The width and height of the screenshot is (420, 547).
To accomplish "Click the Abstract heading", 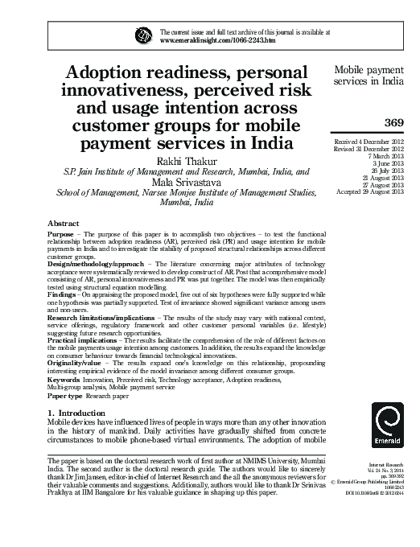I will click(x=64, y=221).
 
